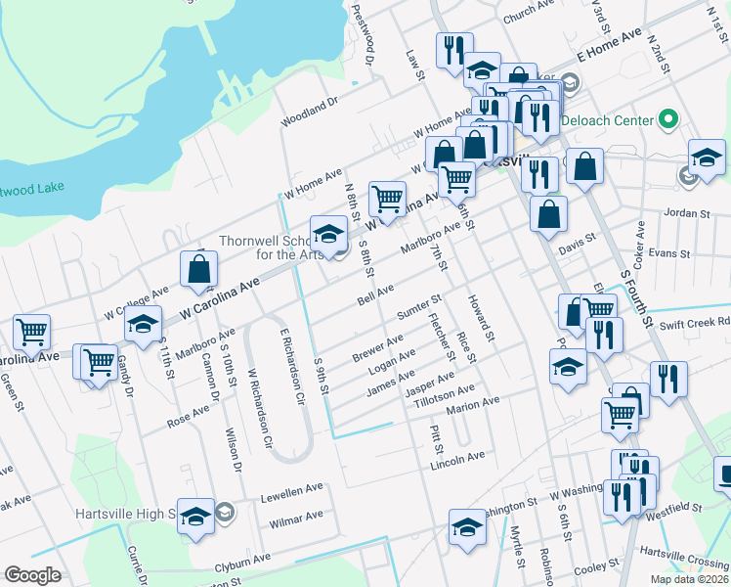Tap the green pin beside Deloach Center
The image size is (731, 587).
pos(668,121)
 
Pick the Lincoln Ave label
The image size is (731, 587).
pos(457,457)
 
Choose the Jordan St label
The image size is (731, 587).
pos(685,212)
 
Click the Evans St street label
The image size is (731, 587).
pos(669,252)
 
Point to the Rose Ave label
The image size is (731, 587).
pos(188,417)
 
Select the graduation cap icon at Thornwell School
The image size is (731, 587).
pos(328,233)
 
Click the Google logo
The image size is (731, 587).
pos(32,575)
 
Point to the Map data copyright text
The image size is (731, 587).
pos(690,579)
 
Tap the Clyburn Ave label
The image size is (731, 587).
pos(242,561)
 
